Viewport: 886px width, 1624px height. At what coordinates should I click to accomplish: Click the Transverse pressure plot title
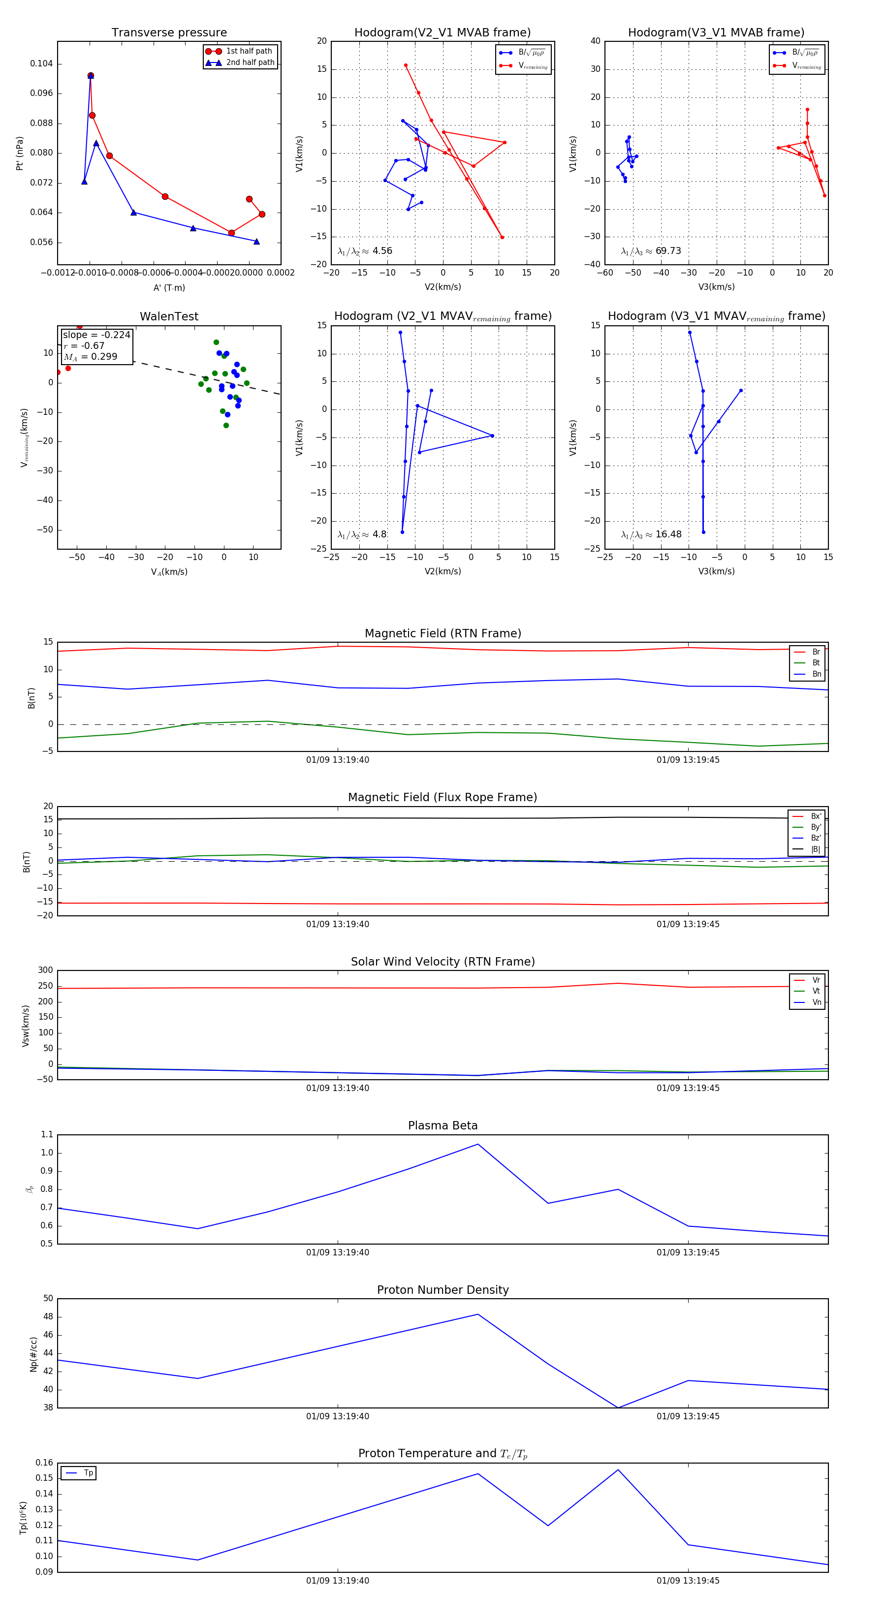click(x=169, y=33)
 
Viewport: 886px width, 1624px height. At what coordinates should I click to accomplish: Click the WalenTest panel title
click(x=169, y=316)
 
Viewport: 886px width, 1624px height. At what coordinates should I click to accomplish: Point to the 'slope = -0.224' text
click(x=96, y=335)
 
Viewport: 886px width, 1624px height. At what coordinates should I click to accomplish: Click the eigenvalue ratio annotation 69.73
click(x=668, y=251)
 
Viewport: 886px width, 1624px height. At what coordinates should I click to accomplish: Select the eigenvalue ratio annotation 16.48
click(x=668, y=534)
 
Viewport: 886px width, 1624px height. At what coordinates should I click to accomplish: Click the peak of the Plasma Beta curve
click(x=478, y=1144)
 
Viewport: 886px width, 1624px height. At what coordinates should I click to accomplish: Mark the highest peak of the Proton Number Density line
click(x=478, y=1314)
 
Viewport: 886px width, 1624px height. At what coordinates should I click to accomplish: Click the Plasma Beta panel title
click(x=443, y=1126)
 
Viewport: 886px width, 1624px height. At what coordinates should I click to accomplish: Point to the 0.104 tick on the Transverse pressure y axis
click(x=42, y=63)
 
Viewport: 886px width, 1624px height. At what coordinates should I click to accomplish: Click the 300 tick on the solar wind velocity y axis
click(x=45, y=970)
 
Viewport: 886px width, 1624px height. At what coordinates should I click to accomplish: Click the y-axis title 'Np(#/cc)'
click(x=33, y=1354)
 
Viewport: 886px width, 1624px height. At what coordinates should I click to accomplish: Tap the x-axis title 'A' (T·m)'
click(x=169, y=288)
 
